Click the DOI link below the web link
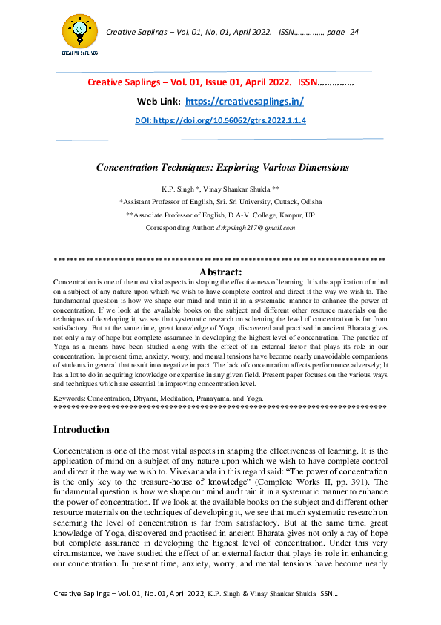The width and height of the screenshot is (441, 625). coord(220,120)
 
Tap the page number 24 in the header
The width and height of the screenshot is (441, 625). coord(353,32)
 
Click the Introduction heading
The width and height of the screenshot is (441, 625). coord(82,429)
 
